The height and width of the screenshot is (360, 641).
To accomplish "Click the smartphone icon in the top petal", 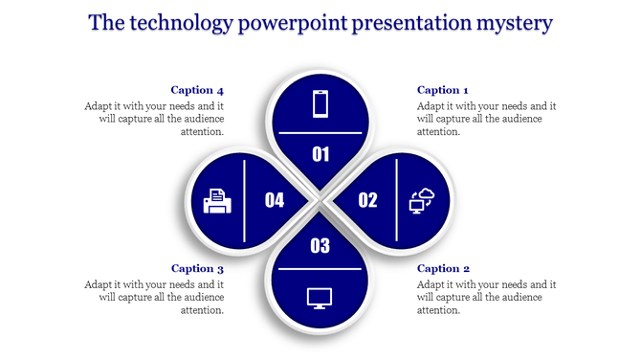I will point(320,103).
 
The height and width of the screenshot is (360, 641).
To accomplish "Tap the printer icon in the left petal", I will point(217,200).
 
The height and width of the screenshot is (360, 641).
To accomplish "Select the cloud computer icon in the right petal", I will point(421,200).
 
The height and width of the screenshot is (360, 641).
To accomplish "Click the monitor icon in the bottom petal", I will point(320,297).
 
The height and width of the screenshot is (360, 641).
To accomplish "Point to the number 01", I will point(320,154).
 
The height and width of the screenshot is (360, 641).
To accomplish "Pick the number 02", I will point(367,200).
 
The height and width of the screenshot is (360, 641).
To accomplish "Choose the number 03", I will point(320,246).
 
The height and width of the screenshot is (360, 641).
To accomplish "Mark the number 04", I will point(275,200).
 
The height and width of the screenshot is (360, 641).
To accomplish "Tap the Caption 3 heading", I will point(197,268).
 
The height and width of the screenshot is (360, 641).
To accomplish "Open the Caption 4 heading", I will point(197,90).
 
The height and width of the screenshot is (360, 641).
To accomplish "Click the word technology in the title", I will point(183,23).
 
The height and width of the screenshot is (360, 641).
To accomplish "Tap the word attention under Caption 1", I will point(439,132).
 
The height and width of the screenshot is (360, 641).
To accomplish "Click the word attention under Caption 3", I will point(201,310).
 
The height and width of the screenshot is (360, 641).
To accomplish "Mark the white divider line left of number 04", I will point(247,200).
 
